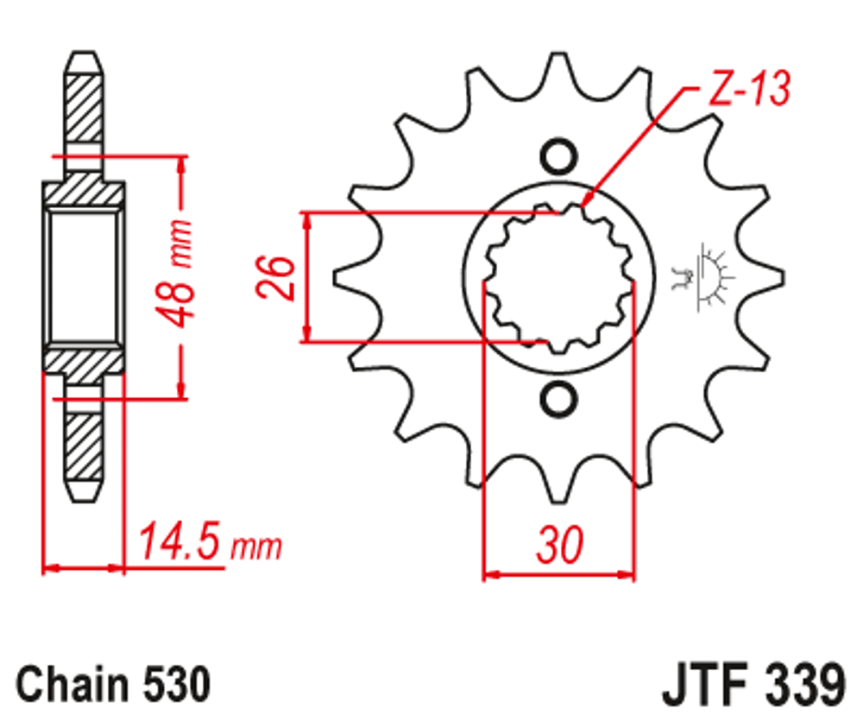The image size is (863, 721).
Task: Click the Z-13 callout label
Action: point(747,89)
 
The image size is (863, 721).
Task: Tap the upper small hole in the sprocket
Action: point(557,156)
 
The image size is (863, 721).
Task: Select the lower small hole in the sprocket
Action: point(557,398)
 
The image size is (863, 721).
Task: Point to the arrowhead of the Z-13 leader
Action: point(586,206)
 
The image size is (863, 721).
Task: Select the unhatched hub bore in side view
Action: point(83,276)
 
